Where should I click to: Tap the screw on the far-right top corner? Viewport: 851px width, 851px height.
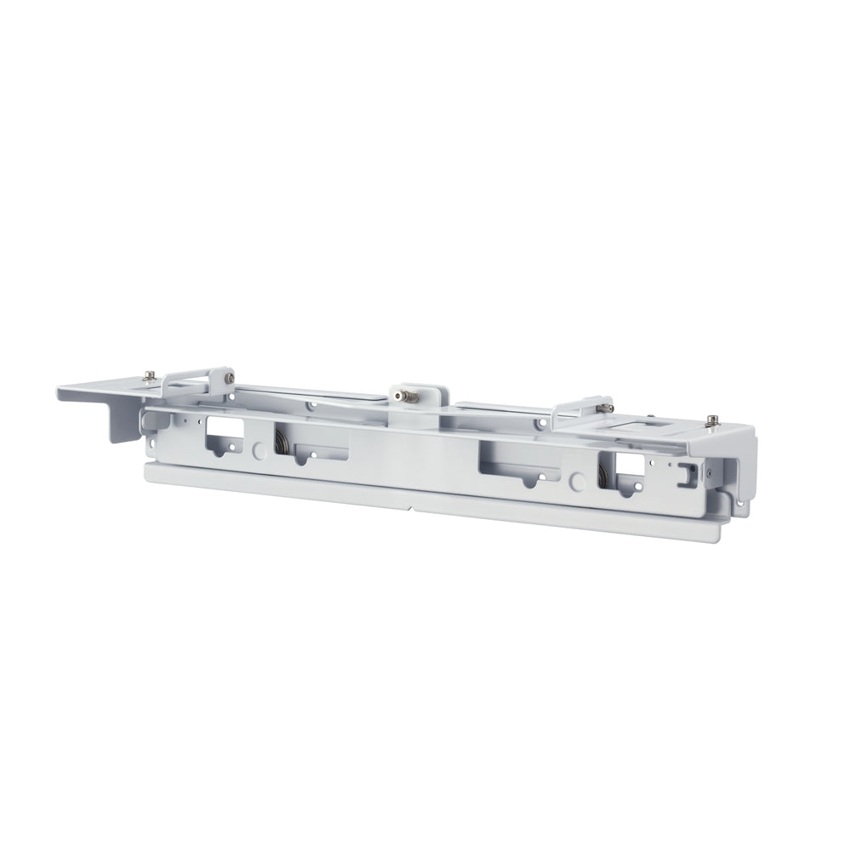[x=711, y=420]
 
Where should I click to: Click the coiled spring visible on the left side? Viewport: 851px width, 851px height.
[x=280, y=442]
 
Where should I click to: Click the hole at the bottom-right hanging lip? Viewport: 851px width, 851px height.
[x=738, y=504]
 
